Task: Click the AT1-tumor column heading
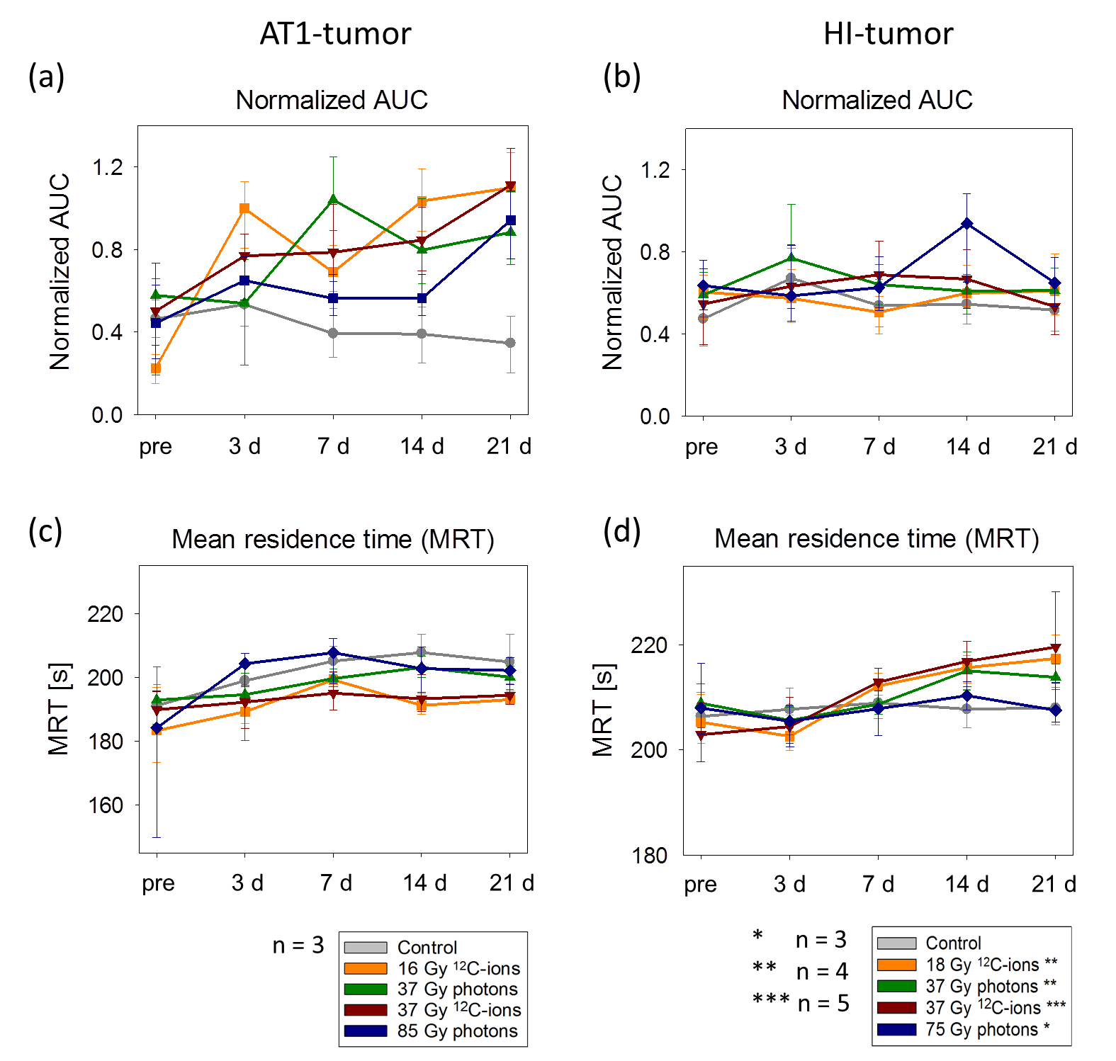click(x=335, y=34)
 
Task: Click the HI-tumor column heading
click(x=888, y=34)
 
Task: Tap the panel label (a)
click(x=46, y=76)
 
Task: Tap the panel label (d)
click(x=621, y=530)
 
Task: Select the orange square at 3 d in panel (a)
click(x=244, y=208)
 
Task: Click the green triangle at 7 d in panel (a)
click(x=333, y=200)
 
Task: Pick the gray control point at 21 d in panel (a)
click(x=510, y=343)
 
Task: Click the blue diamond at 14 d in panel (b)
click(x=966, y=224)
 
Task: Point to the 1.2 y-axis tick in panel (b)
click(x=655, y=170)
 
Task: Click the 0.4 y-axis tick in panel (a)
click(x=107, y=332)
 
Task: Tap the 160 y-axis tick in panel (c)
click(x=106, y=805)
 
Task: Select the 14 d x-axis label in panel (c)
click(x=424, y=883)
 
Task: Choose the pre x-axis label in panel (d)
click(x=700, y=884)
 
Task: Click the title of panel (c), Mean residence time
click(x=333, y=539)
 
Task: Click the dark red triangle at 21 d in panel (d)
click(x=1055, y=648)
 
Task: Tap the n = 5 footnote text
click(x=823, y=1004)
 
